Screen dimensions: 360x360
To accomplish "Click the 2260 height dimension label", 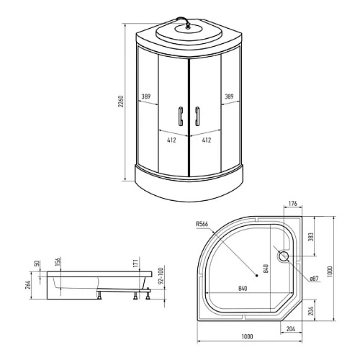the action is point(121,102).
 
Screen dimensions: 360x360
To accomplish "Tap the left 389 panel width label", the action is point(146,96).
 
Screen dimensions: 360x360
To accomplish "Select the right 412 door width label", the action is point(207,140).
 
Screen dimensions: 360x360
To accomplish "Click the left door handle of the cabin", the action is point(181,116).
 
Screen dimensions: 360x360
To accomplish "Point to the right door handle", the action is point(197,116).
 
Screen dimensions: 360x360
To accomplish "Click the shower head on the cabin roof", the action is point(188,26).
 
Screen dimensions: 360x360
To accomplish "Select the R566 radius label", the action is point(202,224).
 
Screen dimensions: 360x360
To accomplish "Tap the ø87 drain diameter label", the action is point(314,279).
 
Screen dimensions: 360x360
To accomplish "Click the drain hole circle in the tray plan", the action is point(283,256).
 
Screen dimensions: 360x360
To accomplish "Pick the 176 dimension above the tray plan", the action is point(292,204).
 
